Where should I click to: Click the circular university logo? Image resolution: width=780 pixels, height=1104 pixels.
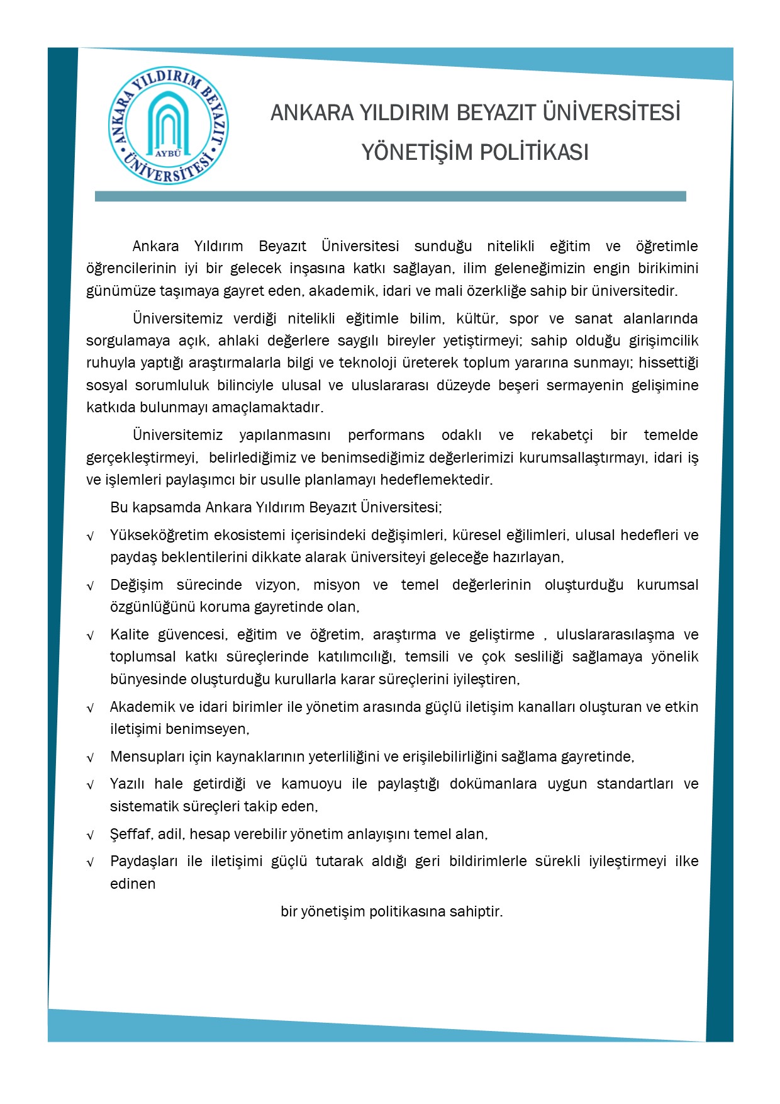pyautogui.click(x=168, y=126)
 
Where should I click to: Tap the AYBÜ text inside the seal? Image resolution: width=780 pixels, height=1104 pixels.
pyautogui.click(x=168, y=153)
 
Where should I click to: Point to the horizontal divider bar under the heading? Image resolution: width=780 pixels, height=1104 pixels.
pyautogui.click(x=390, y=196)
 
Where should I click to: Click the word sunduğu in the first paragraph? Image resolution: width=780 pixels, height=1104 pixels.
pyautogui.click(x=443, y=246)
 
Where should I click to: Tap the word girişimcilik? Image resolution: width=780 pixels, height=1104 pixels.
pyautogui.click(x=664, y=341)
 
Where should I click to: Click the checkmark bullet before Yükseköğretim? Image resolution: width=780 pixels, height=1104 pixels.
pyautogui.click(x=91, y=536)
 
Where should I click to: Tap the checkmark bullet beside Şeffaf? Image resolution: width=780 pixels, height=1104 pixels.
pyautogui.click(x=91, y=835)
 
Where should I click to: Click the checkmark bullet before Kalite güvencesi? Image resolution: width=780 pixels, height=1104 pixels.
pyautogui.click(x=91, y=636)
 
